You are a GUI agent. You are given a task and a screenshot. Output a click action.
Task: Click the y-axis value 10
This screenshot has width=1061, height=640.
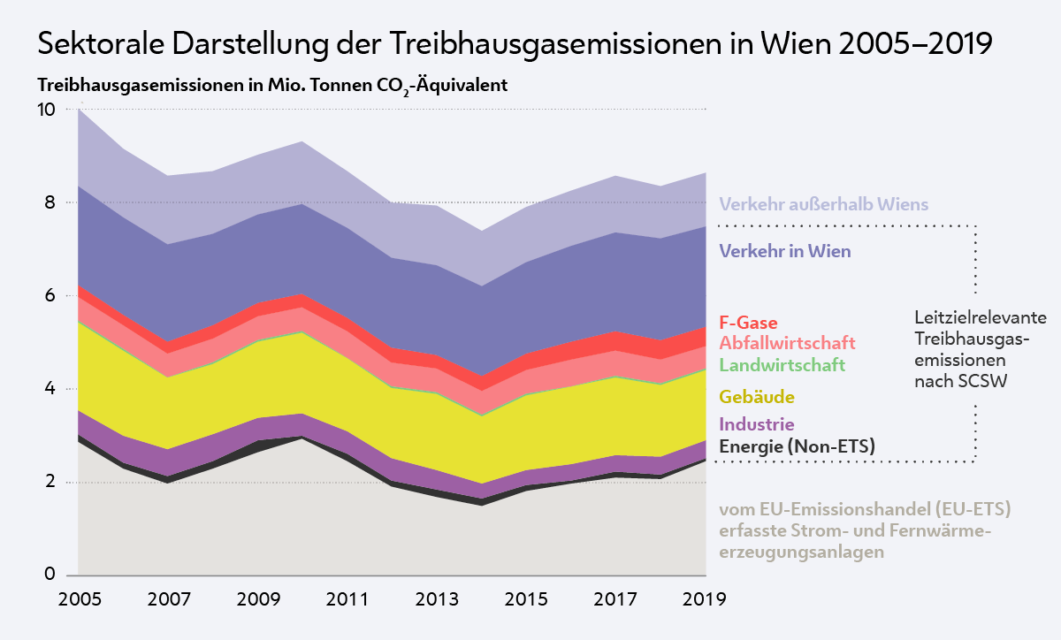click(x=45, y=110)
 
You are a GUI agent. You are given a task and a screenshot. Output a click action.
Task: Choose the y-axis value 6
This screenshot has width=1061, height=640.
click(x=50, y=296)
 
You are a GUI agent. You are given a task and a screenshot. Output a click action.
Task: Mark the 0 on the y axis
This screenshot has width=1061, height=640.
click(x=50, y=575)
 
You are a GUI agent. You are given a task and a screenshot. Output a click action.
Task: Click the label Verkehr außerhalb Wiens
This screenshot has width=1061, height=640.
click(x=824, y=204)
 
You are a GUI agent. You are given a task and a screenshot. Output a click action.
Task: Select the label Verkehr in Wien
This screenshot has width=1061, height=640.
click(x=785, y=251)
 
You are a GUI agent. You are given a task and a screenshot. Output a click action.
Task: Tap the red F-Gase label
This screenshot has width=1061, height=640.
click(x=748, y=323)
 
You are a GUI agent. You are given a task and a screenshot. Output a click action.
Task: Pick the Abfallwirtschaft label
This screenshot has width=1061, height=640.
click(x=787, y=343)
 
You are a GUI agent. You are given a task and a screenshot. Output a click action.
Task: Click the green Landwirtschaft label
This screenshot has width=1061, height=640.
click(x=782, y=364)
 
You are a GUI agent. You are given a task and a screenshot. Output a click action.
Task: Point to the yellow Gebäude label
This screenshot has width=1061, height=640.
click(x=757, y=397)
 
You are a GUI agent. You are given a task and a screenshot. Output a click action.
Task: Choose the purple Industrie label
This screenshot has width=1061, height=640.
click(x=757, y=424)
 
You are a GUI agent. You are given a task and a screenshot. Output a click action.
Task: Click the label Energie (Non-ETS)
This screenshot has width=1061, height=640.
click(x=797, y=446)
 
